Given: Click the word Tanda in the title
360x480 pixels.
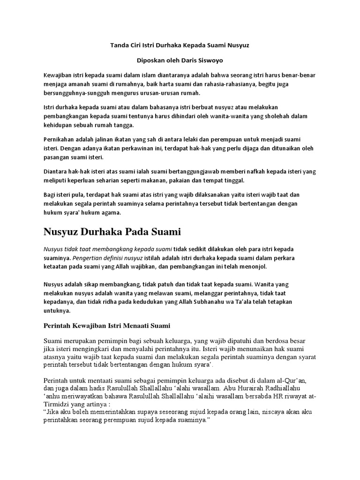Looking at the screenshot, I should tap(119, 46).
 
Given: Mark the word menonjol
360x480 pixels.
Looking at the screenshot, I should tap(255, 266).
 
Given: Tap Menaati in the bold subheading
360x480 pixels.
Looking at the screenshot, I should tap(135, 325).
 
